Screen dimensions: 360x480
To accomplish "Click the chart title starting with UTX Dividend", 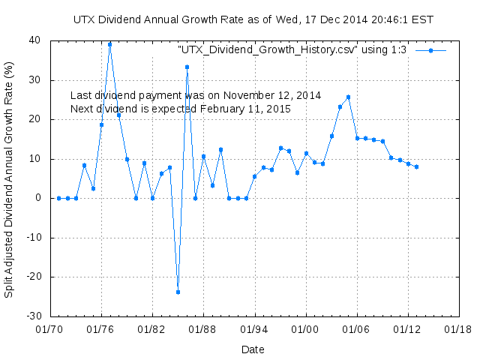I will click(253, 19).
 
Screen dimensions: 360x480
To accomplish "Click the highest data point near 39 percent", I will click(109, 44).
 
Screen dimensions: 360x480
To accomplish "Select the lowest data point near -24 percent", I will click(178, 292).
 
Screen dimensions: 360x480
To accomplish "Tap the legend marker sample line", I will click(430, 50).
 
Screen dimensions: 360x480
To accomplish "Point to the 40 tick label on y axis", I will click(34, 40).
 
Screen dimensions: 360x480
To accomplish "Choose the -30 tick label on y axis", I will click(32, 316).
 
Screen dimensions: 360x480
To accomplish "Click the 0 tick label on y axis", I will click(37, 198).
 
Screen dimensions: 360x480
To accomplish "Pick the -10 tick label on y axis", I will click(32, 238).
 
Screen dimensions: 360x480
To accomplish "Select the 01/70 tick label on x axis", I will click(49, 328).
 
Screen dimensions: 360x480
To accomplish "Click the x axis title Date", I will click(253, 349).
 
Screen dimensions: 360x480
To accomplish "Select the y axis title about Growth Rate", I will click(10, 178).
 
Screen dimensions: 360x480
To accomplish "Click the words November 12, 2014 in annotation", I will click(271, 96).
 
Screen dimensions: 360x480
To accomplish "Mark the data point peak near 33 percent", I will click(187, 67).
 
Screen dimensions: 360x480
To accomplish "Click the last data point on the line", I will click(416, 166).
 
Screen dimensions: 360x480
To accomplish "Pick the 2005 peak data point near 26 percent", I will click(348, 97).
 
